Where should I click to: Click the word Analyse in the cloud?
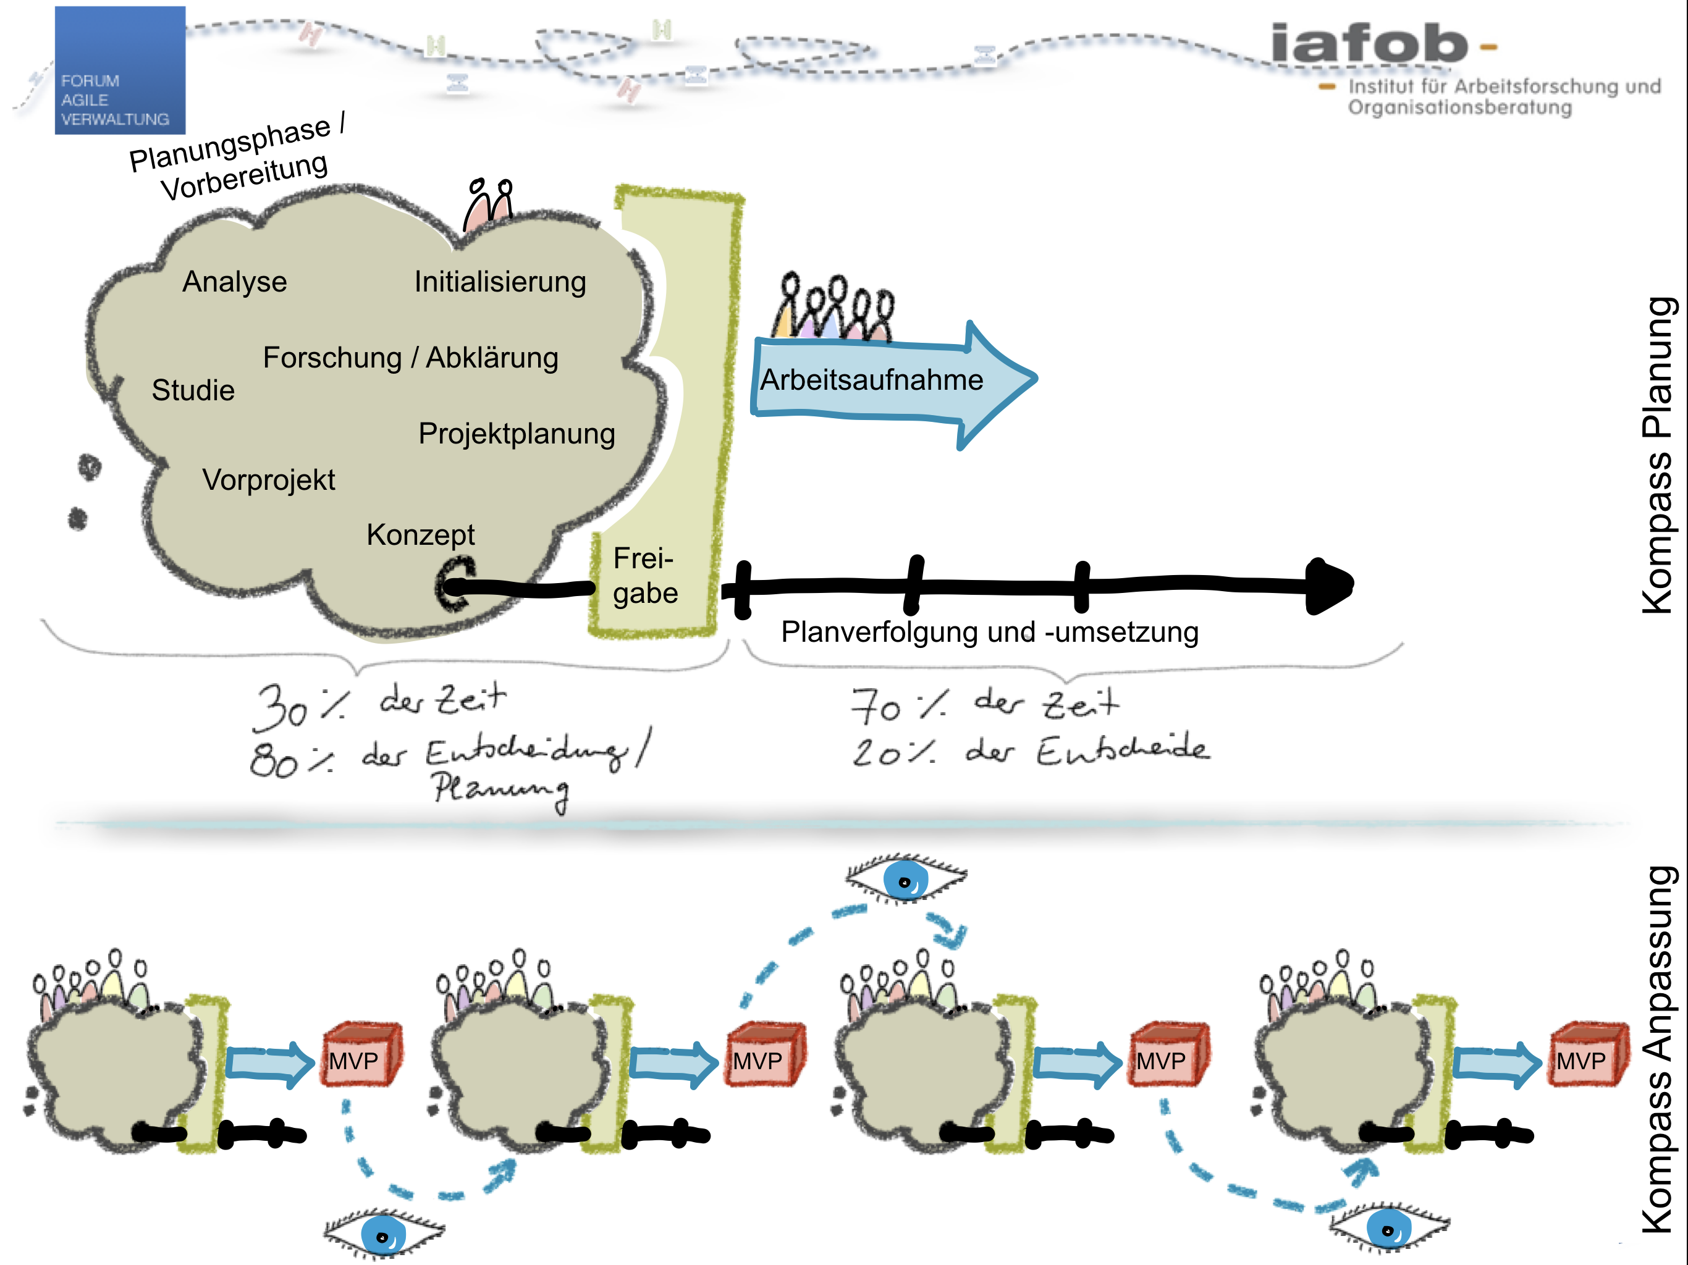(234, 282)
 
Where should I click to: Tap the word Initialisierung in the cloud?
(500, 282)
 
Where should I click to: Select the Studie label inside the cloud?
(193, 390)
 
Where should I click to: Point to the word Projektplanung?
(517, 434)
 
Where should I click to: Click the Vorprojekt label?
(269, 480)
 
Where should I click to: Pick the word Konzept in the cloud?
(421, 535)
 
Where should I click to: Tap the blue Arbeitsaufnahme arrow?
(885, 380)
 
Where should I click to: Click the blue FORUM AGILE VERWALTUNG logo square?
(120, 70)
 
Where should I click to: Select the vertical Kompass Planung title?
(1658, 455)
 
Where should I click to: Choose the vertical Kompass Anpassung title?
(1658, 1049)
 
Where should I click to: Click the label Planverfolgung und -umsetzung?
(990, 632)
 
